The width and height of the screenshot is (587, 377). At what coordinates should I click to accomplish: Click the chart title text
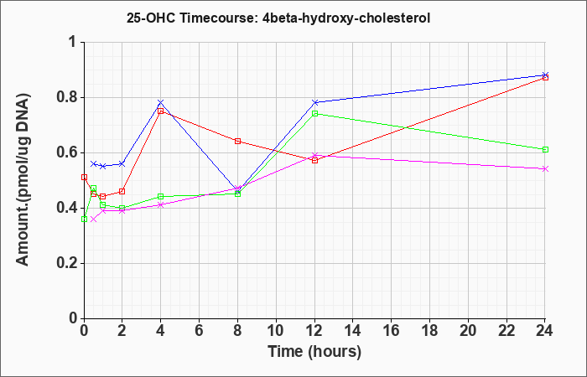(x=278, y=18)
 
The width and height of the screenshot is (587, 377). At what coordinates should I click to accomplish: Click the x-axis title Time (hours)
(x=314, y=352)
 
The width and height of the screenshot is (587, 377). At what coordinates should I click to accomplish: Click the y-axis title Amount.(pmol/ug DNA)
(x=23, y=180)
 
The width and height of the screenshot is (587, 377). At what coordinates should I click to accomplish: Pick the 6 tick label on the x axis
(x=199, y=331)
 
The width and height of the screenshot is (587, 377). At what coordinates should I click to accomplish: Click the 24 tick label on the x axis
(x=544, y=331)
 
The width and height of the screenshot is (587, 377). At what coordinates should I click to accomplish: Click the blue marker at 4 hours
(x=161, y=103)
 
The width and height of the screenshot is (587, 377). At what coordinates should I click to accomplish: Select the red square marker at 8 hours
(x=237, y=141)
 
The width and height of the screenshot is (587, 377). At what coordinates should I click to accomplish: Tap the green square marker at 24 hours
(x=545, y=150)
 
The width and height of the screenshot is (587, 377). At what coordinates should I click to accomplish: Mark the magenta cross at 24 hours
(x=545, y=169)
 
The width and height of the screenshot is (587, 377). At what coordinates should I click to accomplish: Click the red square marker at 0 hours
(x=84, y=178)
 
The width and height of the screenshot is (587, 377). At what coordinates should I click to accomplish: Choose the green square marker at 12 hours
(x=314, y=114)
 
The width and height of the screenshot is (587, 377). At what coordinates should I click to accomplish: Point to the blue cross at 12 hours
(x=314, y=102)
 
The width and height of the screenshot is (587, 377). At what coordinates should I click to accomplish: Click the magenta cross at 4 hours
(x=161, y=205)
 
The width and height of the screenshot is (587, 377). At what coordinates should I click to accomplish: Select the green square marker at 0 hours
(x=84, y=219)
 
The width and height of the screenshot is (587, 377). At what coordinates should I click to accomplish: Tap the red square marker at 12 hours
(x=314, y=161)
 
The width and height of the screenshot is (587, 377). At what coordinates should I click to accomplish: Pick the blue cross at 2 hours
(x=122, y=164)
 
